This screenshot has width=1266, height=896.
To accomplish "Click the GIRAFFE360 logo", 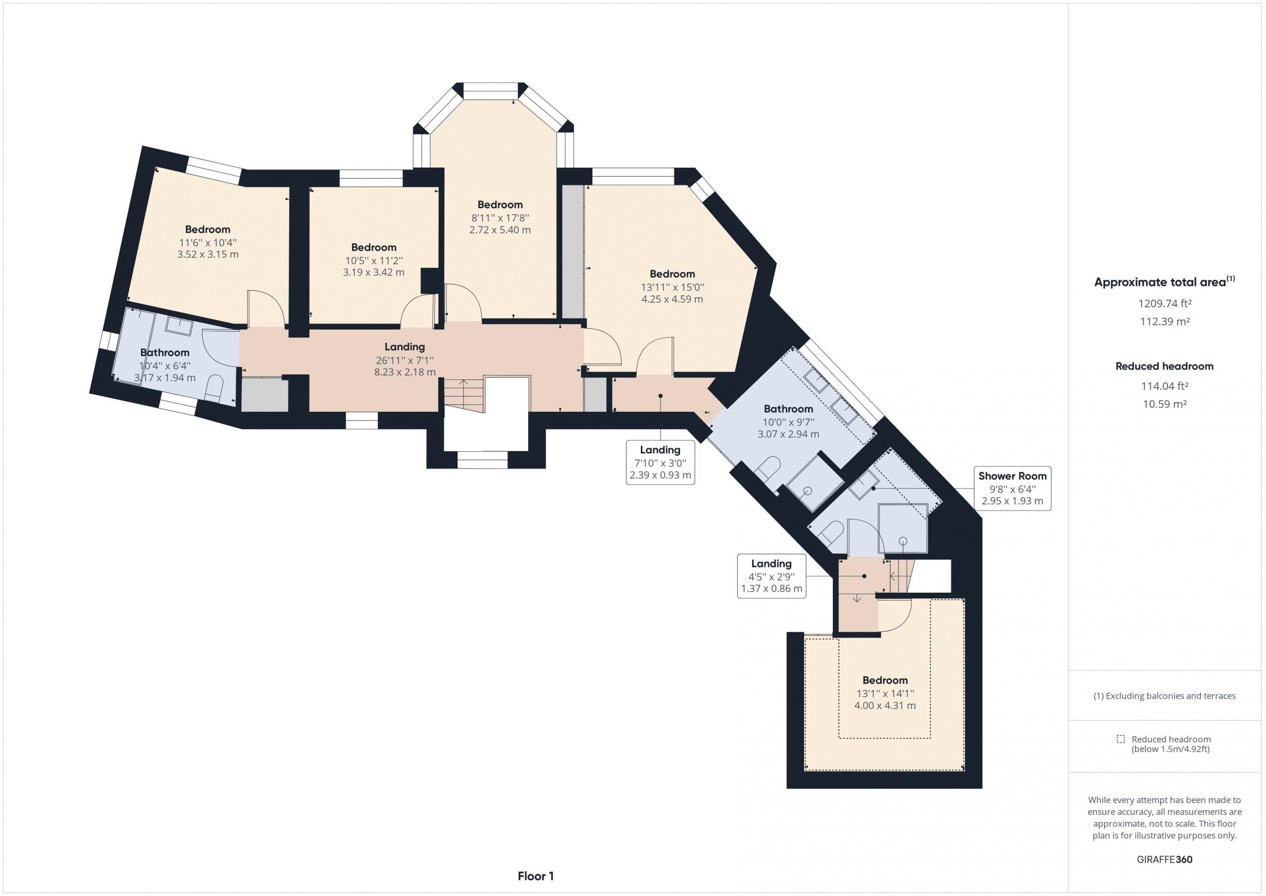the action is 1165,859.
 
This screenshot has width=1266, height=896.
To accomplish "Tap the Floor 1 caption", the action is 536,876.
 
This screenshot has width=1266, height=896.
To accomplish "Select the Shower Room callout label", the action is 1012,488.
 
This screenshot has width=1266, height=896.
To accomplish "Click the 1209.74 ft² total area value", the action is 1165,303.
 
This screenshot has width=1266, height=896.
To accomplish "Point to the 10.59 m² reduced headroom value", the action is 1165,404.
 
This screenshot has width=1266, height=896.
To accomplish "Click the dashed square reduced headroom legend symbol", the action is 1121,739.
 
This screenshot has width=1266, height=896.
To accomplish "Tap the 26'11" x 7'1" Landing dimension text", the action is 405,360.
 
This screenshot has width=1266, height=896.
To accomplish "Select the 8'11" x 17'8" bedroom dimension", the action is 500,218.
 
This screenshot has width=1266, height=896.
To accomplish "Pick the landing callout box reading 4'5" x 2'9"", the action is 771,576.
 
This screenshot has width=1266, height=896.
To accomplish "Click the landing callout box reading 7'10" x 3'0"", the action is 660,462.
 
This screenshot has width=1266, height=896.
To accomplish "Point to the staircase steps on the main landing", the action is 464,394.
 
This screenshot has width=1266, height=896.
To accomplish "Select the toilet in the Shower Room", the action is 830,533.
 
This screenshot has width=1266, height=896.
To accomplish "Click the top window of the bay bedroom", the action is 491,91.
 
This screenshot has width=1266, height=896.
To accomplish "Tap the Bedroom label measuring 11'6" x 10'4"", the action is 207,230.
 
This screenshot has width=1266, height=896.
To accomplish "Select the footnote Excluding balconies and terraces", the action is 1165,696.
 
